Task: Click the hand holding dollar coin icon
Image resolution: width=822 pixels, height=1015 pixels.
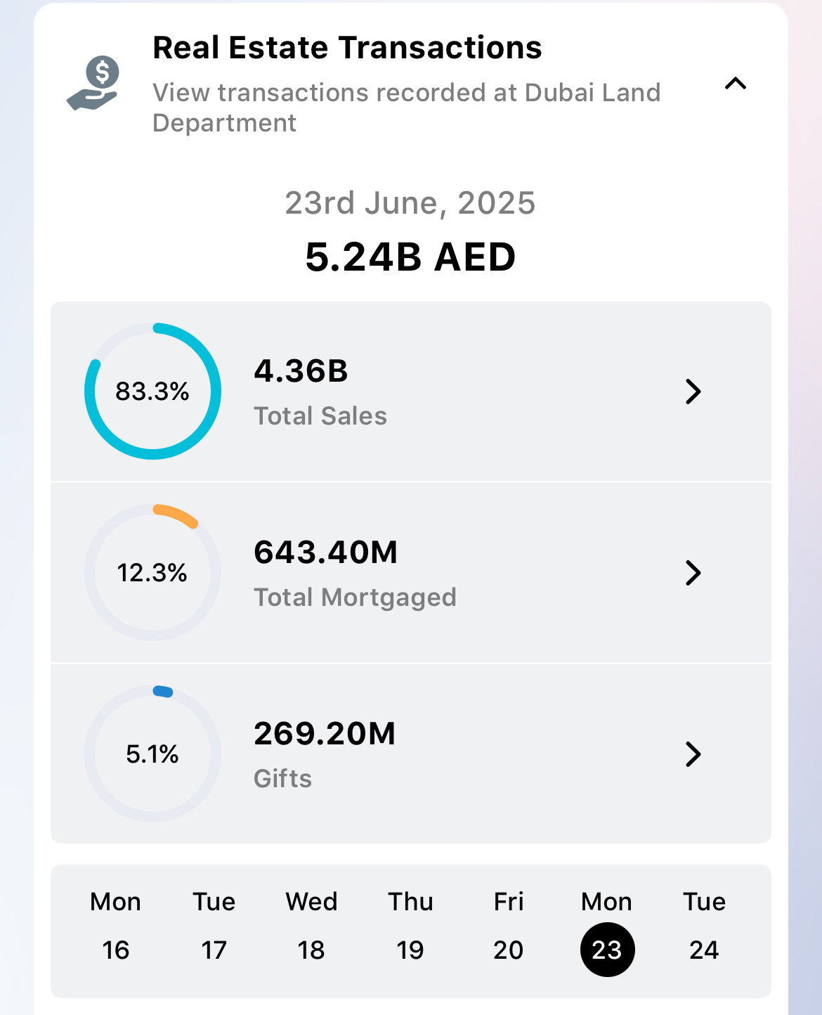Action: click(93, 83)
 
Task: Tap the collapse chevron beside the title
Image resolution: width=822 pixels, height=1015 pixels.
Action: click(735, 84)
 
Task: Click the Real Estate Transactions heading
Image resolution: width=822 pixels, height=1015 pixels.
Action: click(347, 48)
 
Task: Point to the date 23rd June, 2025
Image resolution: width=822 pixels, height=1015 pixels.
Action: click(410, 203)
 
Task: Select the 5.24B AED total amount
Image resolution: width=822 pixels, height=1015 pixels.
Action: click(410, 257)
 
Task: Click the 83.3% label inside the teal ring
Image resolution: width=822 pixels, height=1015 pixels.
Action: click(152, 392)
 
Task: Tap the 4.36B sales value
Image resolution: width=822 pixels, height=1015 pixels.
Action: click(301, 371)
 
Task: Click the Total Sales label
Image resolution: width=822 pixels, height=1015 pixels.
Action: click(320, 416)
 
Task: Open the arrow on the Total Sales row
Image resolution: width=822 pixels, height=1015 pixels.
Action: click(693, 392)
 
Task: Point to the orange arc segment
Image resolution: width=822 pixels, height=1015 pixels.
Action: click(177, 515)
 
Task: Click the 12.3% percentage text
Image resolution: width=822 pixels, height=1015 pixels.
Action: click(152, 573)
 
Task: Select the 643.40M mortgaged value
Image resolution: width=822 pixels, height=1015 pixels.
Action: click(326, 552)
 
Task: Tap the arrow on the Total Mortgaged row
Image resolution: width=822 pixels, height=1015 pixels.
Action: click(693, 573)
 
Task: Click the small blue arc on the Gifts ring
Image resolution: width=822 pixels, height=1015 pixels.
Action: click(163, 692)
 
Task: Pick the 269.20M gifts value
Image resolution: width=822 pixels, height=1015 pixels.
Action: click(325, 734)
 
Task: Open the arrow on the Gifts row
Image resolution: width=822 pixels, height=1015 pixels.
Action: click(693, 754)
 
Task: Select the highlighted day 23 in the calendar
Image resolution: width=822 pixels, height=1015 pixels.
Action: click(607, 950)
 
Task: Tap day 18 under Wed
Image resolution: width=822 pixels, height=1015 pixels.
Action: click(311, 950)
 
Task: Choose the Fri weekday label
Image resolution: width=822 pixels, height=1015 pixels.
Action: click(509, 902)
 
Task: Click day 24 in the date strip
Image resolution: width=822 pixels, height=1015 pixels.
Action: click(704, 950)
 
